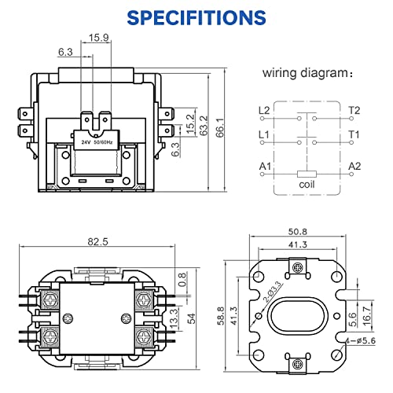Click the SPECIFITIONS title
[x=196, y=17]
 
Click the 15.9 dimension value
[x=98, y=38]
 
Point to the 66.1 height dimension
[x=220, y=127]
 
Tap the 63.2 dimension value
[x=204, y=126]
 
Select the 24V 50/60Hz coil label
[x=97, y=142]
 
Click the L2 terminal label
[x=264, y=111]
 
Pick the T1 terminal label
[x=354, y=134]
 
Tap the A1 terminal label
[x=265, y=166]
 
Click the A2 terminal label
[x=354, y=166]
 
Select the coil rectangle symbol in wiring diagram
[x=307, y=174]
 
